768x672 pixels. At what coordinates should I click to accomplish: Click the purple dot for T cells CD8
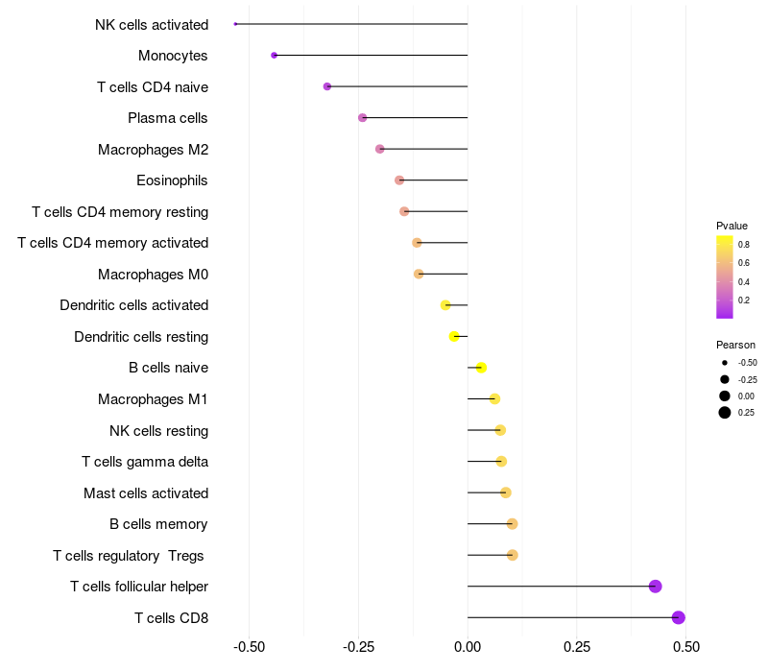(679, 617)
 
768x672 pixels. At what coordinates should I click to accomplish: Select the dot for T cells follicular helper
(656, 587)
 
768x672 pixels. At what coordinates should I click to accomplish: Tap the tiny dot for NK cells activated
(235, 24)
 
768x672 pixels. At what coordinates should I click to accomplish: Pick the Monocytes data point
(274, 56)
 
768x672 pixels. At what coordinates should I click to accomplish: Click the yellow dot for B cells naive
(481, 368)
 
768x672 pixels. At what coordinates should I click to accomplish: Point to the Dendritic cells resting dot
(454, 336)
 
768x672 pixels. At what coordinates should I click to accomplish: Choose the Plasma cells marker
(362, 118)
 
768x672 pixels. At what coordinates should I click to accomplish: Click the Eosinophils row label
(172, 180)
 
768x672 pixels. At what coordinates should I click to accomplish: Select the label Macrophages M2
(153, 150)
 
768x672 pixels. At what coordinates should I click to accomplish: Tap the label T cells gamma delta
(145, 462)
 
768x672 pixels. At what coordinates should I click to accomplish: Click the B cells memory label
(158, 524)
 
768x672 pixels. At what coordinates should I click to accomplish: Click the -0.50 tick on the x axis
(249, 648)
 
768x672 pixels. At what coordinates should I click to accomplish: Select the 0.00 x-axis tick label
(468, 648)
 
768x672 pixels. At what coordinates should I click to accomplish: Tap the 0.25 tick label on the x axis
(577, 648)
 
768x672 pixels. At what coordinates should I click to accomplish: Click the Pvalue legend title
(732, 226)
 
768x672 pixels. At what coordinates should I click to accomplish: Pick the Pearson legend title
(735, 345)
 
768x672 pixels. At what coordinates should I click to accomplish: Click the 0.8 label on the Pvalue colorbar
(744, 245)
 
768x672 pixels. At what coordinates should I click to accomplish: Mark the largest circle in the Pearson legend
(724, 413)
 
